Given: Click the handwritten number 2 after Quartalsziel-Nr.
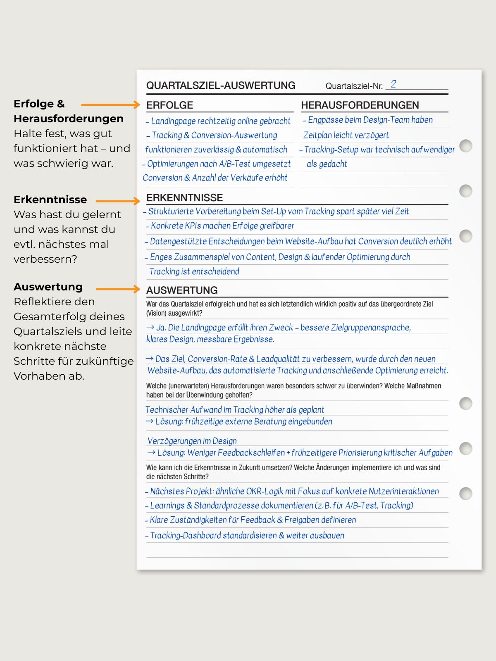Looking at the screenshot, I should (393, 84).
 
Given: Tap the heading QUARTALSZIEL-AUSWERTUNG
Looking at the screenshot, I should (221, 86).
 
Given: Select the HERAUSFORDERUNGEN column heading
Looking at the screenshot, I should (360, 105).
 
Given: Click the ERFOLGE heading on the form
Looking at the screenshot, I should (169, 105).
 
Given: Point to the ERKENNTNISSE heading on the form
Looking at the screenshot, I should (184, 197).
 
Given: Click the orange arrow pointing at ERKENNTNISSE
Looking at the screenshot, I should (118, 201).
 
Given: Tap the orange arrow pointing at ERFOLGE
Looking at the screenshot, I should (110, 105).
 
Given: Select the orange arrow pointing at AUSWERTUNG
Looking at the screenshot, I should (118, 289).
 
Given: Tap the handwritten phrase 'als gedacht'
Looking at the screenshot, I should (327, 164).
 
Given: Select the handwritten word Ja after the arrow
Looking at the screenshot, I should (161, 328).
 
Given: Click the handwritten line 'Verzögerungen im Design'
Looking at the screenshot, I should (192, 441).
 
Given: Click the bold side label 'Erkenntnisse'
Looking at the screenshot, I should (50, 200).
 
